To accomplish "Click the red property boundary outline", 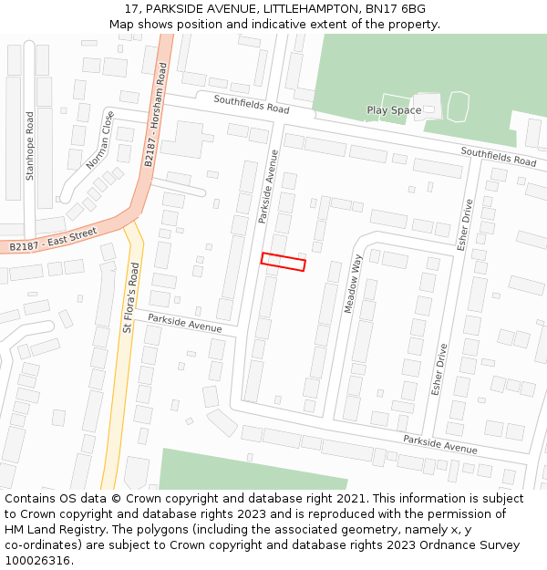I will tap(283, 262).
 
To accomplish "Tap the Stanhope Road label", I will tap(30, 146).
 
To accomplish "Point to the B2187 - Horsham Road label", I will tap(155, 114).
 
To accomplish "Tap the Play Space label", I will tap(394, 110).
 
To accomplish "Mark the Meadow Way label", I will tap(353, 285).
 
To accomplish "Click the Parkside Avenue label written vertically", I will tap(266, 187).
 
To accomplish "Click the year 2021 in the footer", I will tap(349, 499).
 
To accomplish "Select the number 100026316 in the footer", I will tap(36, 561).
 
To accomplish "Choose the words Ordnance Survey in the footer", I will tap(473, 545).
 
